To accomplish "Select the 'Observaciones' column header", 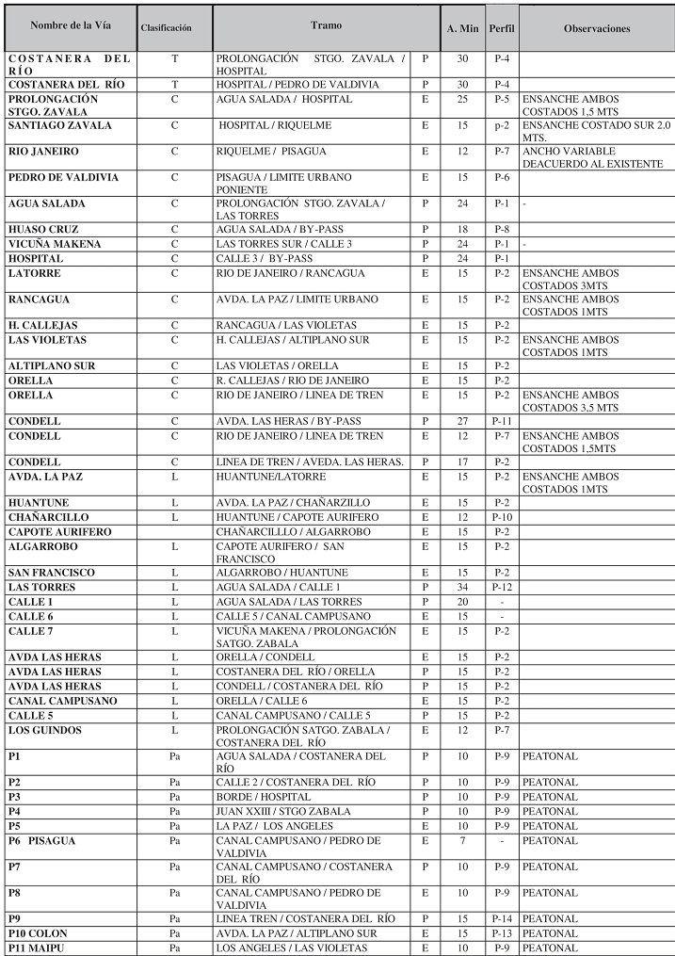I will pyautogui.click(x=596, y=28).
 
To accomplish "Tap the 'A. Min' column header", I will pyautogui.click(x=461, y=28).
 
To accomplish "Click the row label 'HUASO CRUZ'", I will pyautogui.click(x=43, y=229).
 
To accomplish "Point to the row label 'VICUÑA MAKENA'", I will pyautogui.click(x=55, y=244).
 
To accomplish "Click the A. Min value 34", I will pyautogui.click(x=461, y=587).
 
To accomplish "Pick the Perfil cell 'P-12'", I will pyautogui.click(x=501, y=587).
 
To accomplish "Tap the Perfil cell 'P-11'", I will pyautogui.click(x=501, y=421).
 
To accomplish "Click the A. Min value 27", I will pyautogui.click(x=461, y=421).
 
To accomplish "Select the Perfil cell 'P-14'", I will pyautogui.click(x=501, y=918).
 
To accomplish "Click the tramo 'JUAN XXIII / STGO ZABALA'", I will pyautogui.click(x=269, y=811).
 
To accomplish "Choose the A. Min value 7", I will pyautogui.click(x=461, y=840).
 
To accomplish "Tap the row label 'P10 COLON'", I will pyautogui.click(x=38, y=933).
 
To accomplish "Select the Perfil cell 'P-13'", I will pyautogui.click(x=501, y=933).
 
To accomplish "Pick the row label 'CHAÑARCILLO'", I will pyautogui.click(x=48, y=517).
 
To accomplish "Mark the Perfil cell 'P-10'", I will pyautogui.click(x=501, y=517).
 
